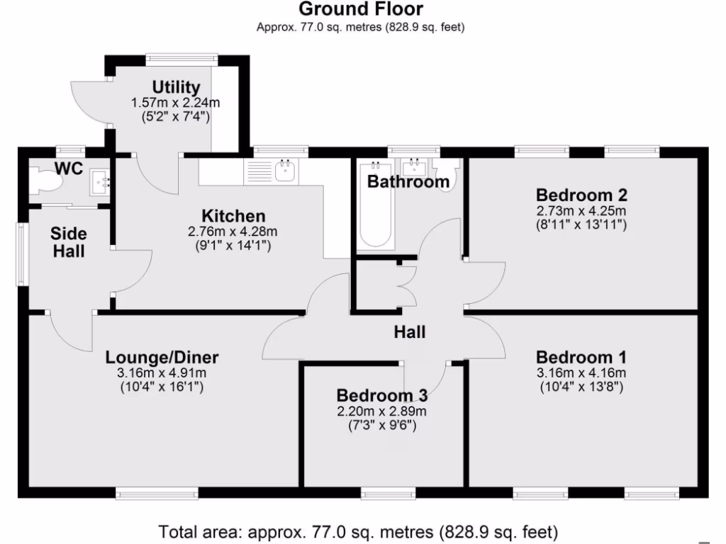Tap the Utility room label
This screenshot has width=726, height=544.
tap(176, 89)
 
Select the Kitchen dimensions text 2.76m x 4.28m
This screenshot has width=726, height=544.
tap(233, 231)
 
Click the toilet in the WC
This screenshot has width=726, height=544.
tap(47, 181)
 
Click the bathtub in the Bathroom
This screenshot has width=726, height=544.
tap(376, 205)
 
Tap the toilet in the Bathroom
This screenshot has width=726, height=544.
tap(447, 172)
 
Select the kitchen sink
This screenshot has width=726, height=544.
tap(286, 171)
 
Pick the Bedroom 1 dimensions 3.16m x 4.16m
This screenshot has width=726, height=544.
tap(581, 373)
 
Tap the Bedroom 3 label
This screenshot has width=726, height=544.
tap(382, 395)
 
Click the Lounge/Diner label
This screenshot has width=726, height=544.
tap(162, 357)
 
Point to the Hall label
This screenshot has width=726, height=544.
tap(410, 331)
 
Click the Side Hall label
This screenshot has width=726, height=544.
tap(69, 242)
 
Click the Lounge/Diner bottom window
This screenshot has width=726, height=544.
tap(157, 492)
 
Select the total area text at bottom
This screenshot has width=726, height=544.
tap(358, 531)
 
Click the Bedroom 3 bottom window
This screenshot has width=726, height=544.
tap(384, 492)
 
